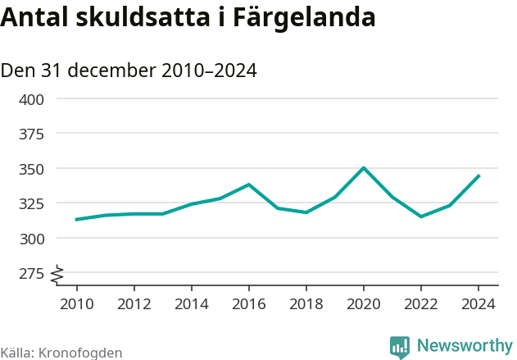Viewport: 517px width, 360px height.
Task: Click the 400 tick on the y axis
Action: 31,99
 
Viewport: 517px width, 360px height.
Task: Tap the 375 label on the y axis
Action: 31,134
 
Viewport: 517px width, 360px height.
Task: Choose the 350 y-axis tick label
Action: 31,169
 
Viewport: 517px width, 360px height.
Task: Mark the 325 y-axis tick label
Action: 31,203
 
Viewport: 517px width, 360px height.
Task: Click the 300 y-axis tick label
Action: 31,239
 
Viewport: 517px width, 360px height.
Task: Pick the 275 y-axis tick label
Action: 31,273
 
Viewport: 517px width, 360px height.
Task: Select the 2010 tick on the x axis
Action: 76,304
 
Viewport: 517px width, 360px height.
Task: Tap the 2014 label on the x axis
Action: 191,304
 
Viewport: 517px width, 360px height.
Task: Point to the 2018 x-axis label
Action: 306,304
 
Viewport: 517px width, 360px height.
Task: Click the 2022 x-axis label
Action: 421,304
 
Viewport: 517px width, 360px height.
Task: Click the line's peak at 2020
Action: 364,168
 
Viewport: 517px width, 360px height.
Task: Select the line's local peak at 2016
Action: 248,185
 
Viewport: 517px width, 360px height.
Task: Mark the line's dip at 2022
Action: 421,216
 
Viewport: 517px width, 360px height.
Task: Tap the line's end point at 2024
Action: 478,175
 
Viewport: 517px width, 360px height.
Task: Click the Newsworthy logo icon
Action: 400,348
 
